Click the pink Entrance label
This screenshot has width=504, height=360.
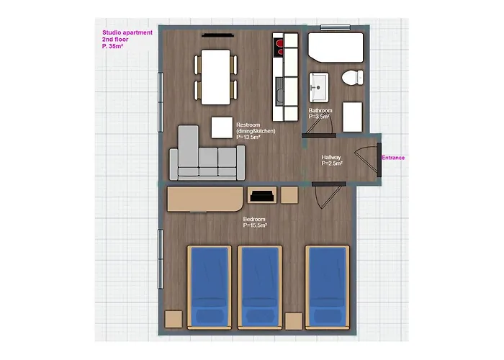tap(393, 158)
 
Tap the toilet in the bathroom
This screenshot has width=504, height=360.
tap(352, 78)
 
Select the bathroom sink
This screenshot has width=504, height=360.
tap(319, 87)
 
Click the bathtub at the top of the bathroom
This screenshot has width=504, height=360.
tap(336, 48)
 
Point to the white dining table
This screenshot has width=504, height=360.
tap(216, 77)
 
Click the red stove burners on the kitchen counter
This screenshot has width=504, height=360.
tap(279, 48)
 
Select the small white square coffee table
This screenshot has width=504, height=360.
tap(222, 127)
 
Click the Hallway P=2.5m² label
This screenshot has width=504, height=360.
tap(332, 160)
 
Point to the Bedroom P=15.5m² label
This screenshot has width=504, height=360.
tap(255, 222)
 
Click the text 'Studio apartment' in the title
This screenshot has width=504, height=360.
tap(127, 32)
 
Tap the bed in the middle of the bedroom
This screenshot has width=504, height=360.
tap(260, 287)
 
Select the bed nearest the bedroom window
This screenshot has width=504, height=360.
tap(210, 287)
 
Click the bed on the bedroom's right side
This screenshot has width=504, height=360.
tap(327, 287)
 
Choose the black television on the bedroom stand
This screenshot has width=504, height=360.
tap(262, 196)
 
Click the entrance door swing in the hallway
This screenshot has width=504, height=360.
tap(366, 159)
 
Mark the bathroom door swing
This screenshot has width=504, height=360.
tap(319, 124)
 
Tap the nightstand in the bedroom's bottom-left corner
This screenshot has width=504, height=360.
tap(174, 319)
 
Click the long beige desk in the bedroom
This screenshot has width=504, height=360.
tap(204, 199)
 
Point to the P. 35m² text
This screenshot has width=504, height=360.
tap(113, 46)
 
